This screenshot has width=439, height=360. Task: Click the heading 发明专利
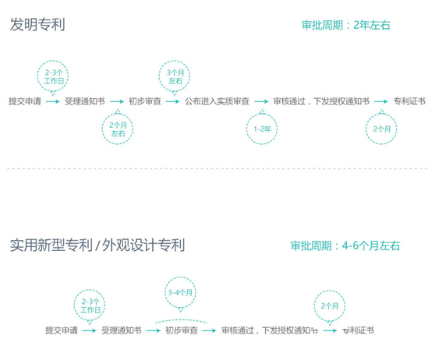37,24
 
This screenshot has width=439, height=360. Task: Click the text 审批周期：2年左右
345,25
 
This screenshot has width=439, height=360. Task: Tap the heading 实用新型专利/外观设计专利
97,245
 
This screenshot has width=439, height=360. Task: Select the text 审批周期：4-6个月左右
345,245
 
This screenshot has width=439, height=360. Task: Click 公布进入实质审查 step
217,101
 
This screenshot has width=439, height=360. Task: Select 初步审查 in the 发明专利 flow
145,101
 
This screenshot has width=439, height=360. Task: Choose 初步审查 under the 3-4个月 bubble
182,330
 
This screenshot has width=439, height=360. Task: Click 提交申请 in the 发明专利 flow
25,101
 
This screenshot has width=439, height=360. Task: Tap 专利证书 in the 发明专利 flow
409,101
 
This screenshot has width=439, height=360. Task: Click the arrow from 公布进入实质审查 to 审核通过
261,101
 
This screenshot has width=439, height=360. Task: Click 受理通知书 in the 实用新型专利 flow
122,330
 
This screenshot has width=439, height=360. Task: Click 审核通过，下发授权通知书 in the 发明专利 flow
321,101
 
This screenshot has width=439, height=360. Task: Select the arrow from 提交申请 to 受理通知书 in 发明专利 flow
53,101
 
